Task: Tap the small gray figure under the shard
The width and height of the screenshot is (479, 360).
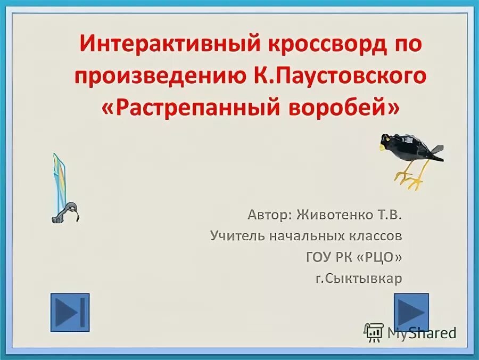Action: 66,214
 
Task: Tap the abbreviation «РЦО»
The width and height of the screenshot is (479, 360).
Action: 378,257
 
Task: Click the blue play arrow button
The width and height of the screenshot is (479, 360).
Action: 411,312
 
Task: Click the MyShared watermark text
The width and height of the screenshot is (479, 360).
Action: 420,333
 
